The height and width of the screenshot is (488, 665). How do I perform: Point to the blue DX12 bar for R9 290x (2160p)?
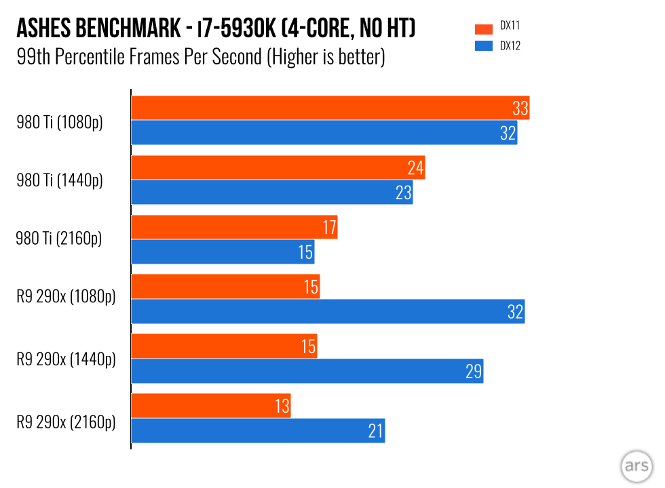258,430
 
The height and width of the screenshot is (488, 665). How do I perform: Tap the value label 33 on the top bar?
520,108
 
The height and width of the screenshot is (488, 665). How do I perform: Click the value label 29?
473,371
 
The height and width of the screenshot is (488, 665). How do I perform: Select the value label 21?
375,430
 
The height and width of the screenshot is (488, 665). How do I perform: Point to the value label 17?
329,227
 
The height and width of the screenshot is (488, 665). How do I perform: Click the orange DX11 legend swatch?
483,29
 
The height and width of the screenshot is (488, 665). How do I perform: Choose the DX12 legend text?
510,46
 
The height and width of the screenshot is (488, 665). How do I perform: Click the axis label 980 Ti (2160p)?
60,239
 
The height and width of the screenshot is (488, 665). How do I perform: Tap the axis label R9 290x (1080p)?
66,298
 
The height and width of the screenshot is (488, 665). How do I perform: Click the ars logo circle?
636,468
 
